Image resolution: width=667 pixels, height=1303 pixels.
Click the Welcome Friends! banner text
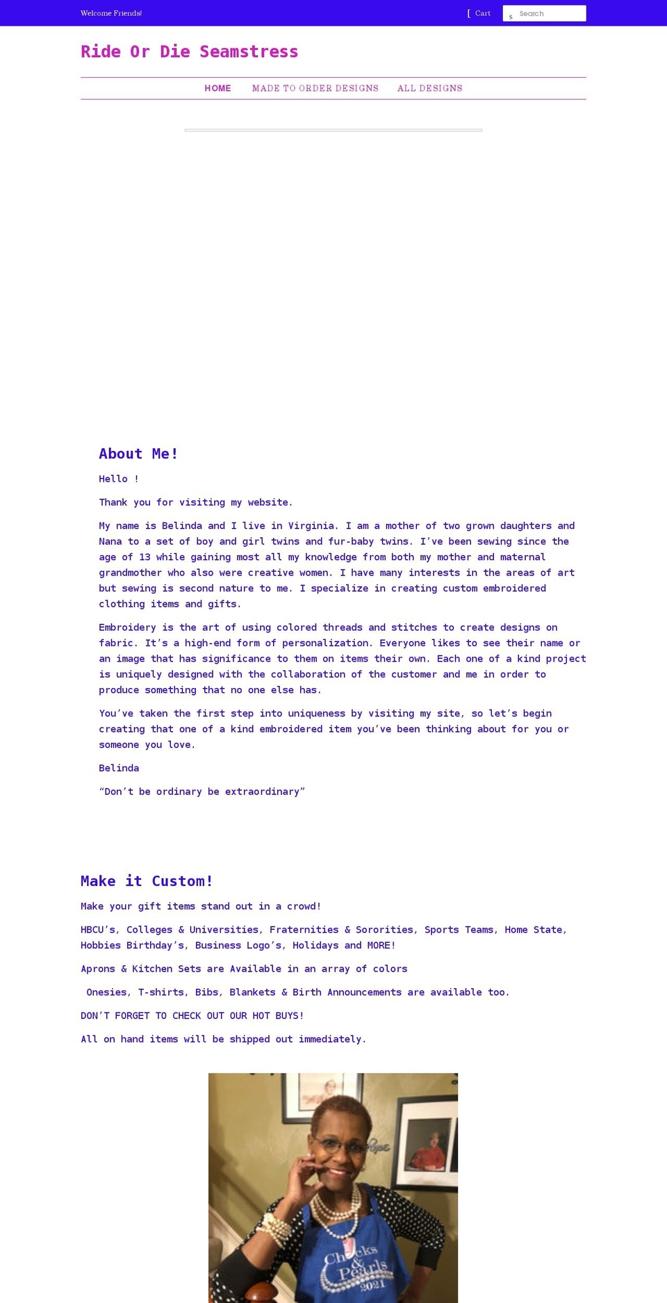point(111,13)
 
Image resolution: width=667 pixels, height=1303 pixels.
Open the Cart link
point(482,13)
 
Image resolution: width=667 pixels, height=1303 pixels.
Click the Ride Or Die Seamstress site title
point(189,52)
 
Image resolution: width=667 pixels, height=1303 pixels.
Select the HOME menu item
point(217,88)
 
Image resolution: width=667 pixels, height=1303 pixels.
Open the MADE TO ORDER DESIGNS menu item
point(315,88)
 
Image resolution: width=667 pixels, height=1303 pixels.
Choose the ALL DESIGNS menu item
point(429,88)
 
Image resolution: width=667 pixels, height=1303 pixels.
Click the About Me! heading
point(138,454)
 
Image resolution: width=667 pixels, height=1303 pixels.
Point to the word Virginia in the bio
point(313,526)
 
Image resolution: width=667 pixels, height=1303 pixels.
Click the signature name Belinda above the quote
point(119,768)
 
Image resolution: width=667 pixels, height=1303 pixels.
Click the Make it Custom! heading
point(147,881)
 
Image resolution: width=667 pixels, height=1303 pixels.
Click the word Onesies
point(107,992)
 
